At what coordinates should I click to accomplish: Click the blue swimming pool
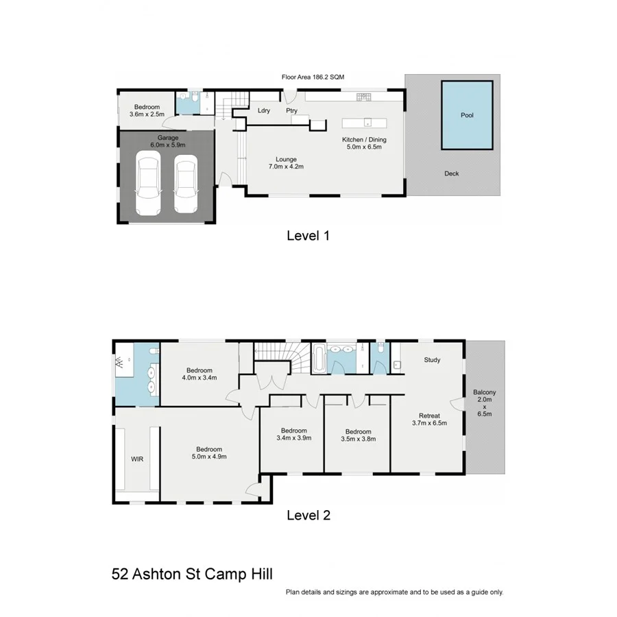point(467,115)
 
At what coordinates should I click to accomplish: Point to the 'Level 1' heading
point(308,236)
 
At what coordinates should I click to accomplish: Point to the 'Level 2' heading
point(308,516)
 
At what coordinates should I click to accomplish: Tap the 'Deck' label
point(451,173)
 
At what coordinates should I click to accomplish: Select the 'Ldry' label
point(264,110)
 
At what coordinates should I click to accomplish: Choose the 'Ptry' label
point(291,110)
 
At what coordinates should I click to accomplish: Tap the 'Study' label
point(432,360)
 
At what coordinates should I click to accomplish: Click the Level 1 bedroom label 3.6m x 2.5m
point(147,110)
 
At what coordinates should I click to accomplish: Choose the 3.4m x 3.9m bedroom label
point(293,435)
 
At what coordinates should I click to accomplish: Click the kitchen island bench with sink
point(365,123)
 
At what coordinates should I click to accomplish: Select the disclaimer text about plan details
point(394,592)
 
